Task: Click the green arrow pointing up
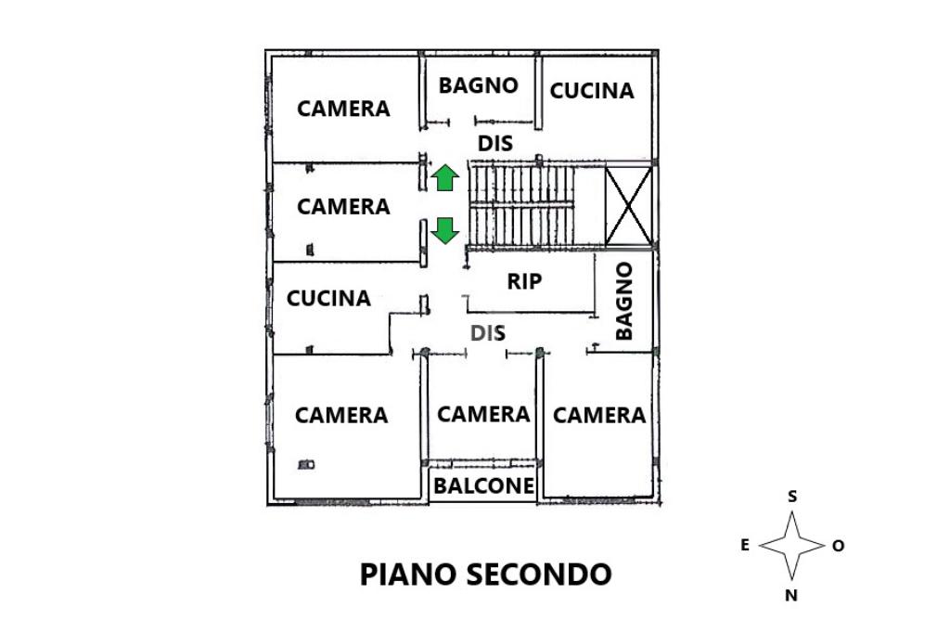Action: (444, 177)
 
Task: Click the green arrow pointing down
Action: (444, 231)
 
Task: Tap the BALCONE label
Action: (484, 485)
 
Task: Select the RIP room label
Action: (524, 281)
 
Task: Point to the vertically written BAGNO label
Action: (624, 301)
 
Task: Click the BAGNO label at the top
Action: (478, 85)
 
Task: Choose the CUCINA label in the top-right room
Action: (591, 91)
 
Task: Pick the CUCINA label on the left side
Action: (328, 298)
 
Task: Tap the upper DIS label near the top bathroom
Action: (495, 144)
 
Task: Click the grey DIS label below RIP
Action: (488, 333)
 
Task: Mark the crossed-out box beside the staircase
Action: (629, 207)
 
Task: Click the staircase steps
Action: (522, 205)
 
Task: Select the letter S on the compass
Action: (792, 497)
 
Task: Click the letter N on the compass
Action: (791, 595)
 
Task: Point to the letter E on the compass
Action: (745, 545)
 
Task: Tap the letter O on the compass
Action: (838, 546)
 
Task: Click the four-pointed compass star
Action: (792, 545)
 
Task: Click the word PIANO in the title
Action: (407, 575)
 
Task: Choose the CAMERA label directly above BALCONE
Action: (483, 415)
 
